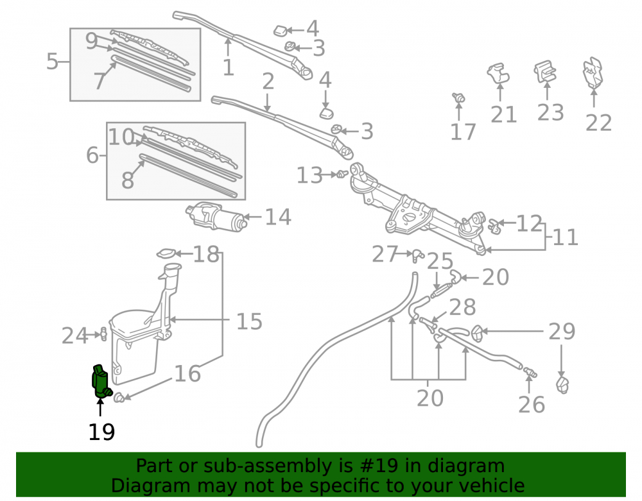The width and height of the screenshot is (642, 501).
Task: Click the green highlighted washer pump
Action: point(101,381)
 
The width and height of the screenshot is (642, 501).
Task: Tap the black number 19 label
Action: point(101,432)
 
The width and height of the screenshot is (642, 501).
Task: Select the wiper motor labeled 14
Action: point(216,216)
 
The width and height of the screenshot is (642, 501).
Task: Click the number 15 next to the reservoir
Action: point(249,321)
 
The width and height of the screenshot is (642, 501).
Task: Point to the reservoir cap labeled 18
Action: point(167,254)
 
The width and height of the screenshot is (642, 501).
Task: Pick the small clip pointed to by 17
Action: point(458,98)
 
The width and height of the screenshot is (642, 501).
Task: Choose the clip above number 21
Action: point(498,72)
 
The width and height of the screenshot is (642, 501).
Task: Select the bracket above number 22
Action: point(593,72)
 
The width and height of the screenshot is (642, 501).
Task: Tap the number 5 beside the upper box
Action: point(53,62)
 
